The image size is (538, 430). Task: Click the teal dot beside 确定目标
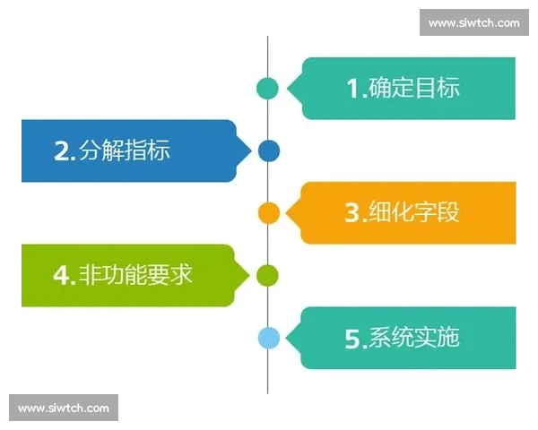point(267,88)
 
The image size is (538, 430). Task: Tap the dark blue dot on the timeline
point(268,150)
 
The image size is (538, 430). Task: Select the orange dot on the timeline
point(268,213)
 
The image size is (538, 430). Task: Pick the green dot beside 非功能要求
point(267,275)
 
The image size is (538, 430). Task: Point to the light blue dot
point(268,338)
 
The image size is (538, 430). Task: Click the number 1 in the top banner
point(353,88)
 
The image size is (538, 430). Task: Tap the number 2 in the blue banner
point(62,151)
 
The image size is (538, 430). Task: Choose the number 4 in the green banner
point(62,275)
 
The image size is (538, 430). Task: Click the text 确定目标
point(413,88)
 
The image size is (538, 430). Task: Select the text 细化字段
point(413,213)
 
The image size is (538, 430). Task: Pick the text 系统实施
point(413,338)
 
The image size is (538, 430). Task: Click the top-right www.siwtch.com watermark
point(473,22)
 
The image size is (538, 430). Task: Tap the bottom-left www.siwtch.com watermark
point(64,408)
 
